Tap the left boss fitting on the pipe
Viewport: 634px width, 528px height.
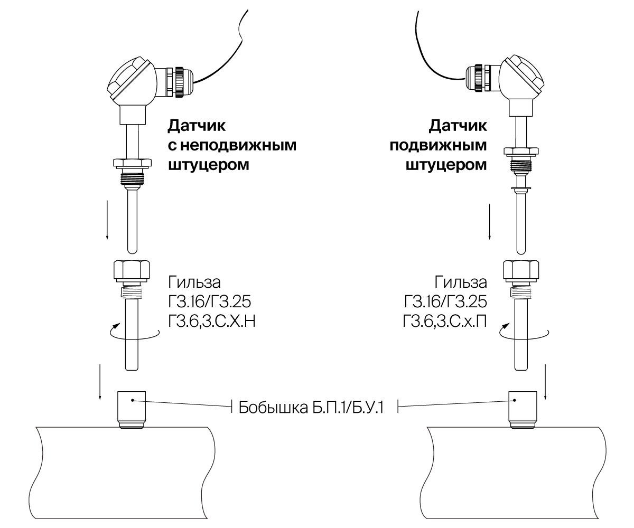point(130,407)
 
